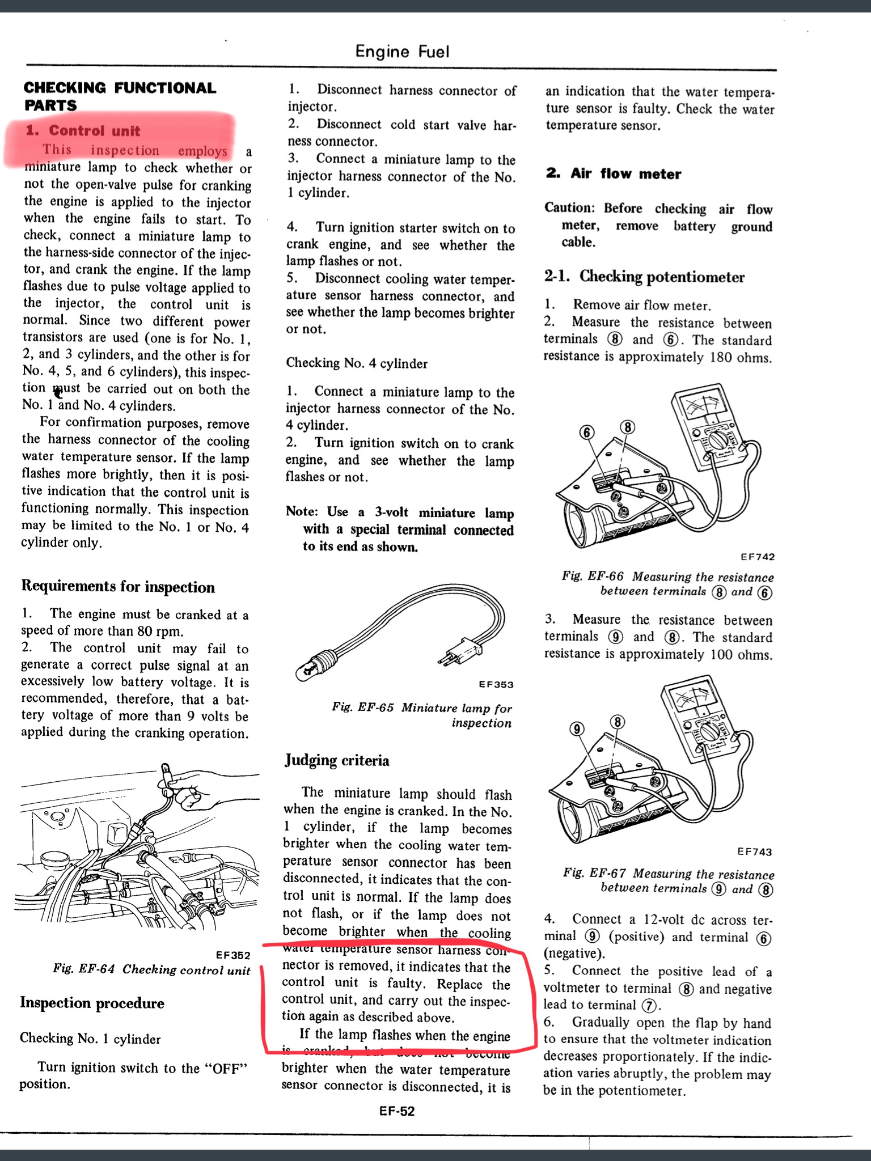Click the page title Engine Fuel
pos(402,52)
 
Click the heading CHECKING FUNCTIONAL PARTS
pos(120,96)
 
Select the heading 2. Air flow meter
pos(614,173)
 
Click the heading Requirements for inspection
pos(118,586)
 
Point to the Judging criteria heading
pos(337,760)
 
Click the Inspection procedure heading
pos(92,1003)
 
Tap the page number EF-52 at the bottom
pos(397,1111)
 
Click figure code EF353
pos(496,684)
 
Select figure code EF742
pos(758,557)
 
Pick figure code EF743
pos(754,851)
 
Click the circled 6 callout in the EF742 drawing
pos(587,433)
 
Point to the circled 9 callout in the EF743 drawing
pos(577,728)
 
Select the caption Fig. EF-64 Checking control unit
pos(151,969)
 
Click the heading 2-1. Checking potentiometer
pos(644,277)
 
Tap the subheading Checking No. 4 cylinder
pos(356,363)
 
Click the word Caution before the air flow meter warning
pos(569,208)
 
